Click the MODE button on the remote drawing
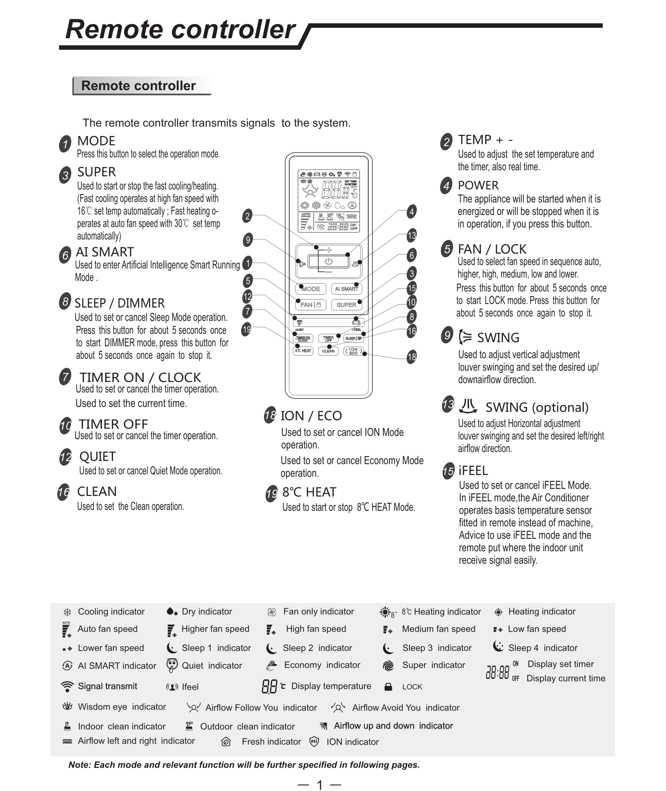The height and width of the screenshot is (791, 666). [310, 289]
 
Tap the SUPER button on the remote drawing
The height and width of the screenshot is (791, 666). [346, 305]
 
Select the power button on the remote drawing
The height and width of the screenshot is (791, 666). [329, 261]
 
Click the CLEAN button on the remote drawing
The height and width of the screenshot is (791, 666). [328, 351]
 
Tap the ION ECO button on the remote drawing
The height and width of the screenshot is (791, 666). [353, 351]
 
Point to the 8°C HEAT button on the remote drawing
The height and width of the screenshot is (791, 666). [303, 351]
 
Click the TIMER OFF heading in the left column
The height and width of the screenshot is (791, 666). [113, 424]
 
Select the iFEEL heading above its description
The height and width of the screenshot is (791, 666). [473, 470]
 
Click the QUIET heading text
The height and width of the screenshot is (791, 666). [97, 456]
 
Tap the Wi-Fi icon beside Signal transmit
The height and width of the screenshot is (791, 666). [67, 686]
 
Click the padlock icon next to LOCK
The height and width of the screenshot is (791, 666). [388, 687]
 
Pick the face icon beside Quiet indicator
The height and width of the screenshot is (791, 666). [172, 665]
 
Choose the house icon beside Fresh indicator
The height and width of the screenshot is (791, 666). [226, 741]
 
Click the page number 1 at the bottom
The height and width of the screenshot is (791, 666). [320, 785]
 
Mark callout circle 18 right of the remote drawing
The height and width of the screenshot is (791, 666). [412, 357]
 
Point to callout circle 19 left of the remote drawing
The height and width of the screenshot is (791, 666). [246, 330]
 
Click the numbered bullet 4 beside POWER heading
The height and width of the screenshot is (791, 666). [446, 186]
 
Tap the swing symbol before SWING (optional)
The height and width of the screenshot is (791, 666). [468, 407]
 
